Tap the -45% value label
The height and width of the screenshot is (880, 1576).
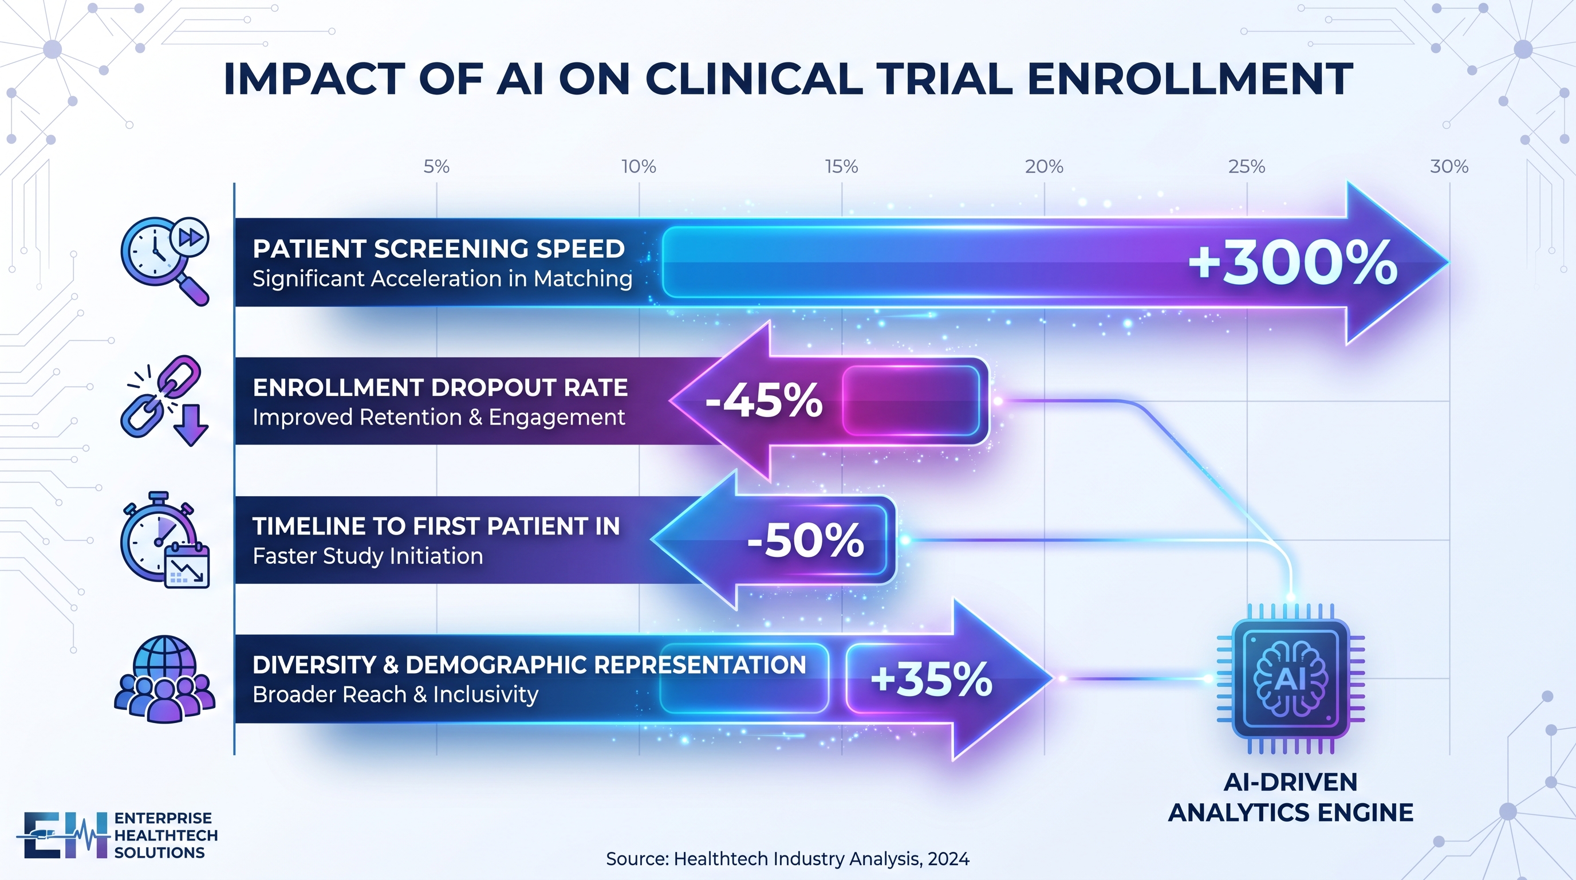[x=764, y=401]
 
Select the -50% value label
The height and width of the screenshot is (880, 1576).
[x=806, y=540]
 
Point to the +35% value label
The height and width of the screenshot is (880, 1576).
[x=931, y=679]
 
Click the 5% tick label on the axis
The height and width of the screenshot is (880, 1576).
[x=436, y=167]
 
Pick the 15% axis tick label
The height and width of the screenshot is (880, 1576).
[x=841, y=167]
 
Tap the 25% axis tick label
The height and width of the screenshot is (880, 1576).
[x=1246, y=167]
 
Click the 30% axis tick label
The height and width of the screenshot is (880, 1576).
[x=1449, y=167]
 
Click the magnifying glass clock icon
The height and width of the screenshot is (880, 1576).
[x=165, y=261]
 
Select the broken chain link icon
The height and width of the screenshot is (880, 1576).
[x=164, y=401]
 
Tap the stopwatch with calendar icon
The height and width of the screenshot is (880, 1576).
[x=165, y=540]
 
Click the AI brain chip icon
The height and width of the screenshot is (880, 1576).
[x=1291, y=679]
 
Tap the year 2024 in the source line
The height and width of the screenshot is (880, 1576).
[x=948, y=859]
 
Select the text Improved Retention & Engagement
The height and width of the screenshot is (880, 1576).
[x=439, y=417]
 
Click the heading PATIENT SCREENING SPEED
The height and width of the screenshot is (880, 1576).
[x=439, y=249]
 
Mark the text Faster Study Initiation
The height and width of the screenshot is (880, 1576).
[x=368, y=556]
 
